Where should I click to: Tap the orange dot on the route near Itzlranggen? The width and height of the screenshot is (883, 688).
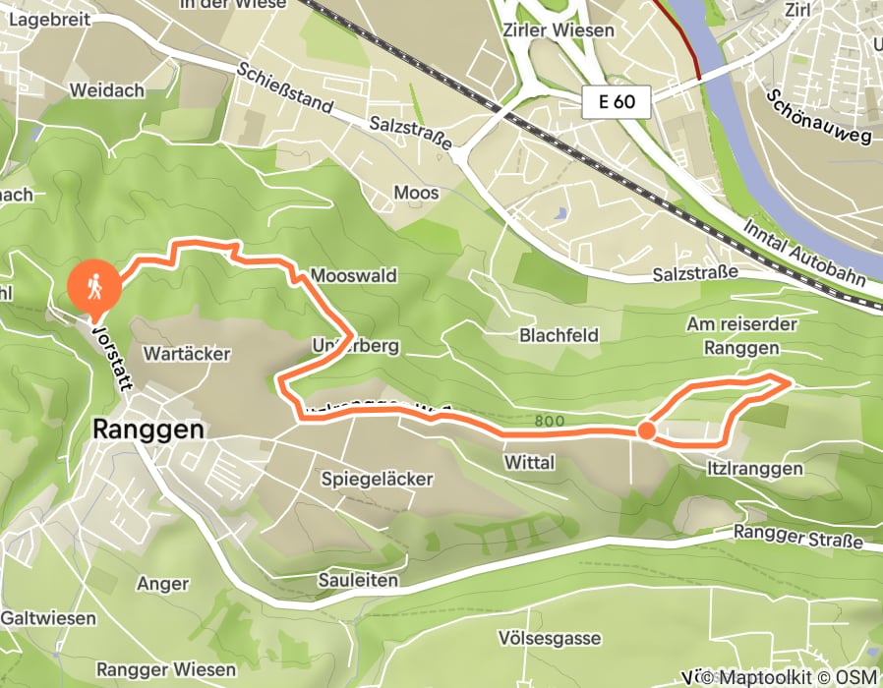[x=646, y=430]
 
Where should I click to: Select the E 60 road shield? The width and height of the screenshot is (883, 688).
[x=616, y=101]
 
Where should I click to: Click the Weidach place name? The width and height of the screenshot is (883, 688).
[x=107, y=90]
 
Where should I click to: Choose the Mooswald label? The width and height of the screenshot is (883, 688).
[x=353, y=276]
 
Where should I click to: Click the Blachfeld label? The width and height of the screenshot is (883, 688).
[x=559, y=335]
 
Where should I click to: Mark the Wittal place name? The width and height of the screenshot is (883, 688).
[x=529, y=462]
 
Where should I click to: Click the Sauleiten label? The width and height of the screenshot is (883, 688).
[x=358, y=580]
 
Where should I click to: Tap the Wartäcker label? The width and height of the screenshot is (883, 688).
[x=186, y=352]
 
